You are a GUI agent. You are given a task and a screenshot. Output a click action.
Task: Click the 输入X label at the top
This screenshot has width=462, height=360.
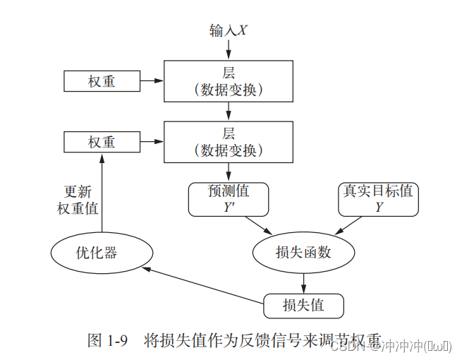tap(228, 30)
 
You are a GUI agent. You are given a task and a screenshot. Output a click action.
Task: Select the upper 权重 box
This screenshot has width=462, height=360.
tap(102, 82)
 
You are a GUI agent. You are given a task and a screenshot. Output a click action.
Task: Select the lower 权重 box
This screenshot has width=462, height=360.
tap(102, 142)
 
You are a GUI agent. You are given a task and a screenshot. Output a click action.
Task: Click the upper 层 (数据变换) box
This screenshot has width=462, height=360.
tap(229, 82)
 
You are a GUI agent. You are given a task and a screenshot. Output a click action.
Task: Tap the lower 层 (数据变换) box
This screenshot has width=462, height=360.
tap(229, 142)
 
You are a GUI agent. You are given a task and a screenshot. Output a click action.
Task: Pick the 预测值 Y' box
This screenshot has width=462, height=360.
tap(228, 199)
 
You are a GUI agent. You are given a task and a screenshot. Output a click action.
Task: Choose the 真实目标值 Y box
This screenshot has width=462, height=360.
tap(379, 199)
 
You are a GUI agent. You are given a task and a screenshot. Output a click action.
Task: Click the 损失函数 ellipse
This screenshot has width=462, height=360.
tap(303, 251)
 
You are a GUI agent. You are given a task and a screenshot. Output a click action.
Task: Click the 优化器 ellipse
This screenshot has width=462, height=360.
tap(102, 252)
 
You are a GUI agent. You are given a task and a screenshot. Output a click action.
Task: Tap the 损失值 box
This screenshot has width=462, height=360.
tap(303, 306)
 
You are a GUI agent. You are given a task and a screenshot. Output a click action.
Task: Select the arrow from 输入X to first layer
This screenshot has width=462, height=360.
tap(229, 49)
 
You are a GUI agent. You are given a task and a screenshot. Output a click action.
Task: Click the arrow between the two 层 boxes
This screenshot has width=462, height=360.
tap(229, 112)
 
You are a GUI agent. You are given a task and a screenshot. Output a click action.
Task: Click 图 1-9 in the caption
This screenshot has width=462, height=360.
tap(107, 341)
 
